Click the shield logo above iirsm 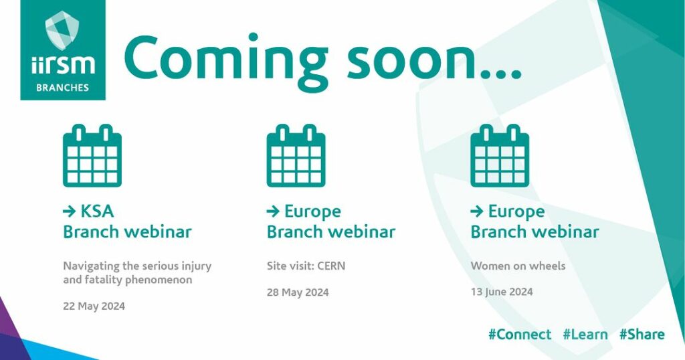(x=62, y=29)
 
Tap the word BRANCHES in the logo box (x=62, y=88)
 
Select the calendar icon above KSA (x=92, y=155)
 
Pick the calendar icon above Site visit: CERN (x=296, y=155)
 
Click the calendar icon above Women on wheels (x=500, y=155)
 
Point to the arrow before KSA (x=70, y=212)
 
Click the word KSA (x=97, y=211)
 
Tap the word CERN (x=331, y=266)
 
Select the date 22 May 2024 (x=94, y=306)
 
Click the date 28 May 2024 (x=298, y=292)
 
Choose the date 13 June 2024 (x=502, y=292)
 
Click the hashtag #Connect (x=520, y=334)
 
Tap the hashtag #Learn (x=585, y=334)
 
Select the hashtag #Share (x=642, y=334)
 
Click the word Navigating (x=86, y=266)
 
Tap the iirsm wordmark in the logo (x=63, y=65)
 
